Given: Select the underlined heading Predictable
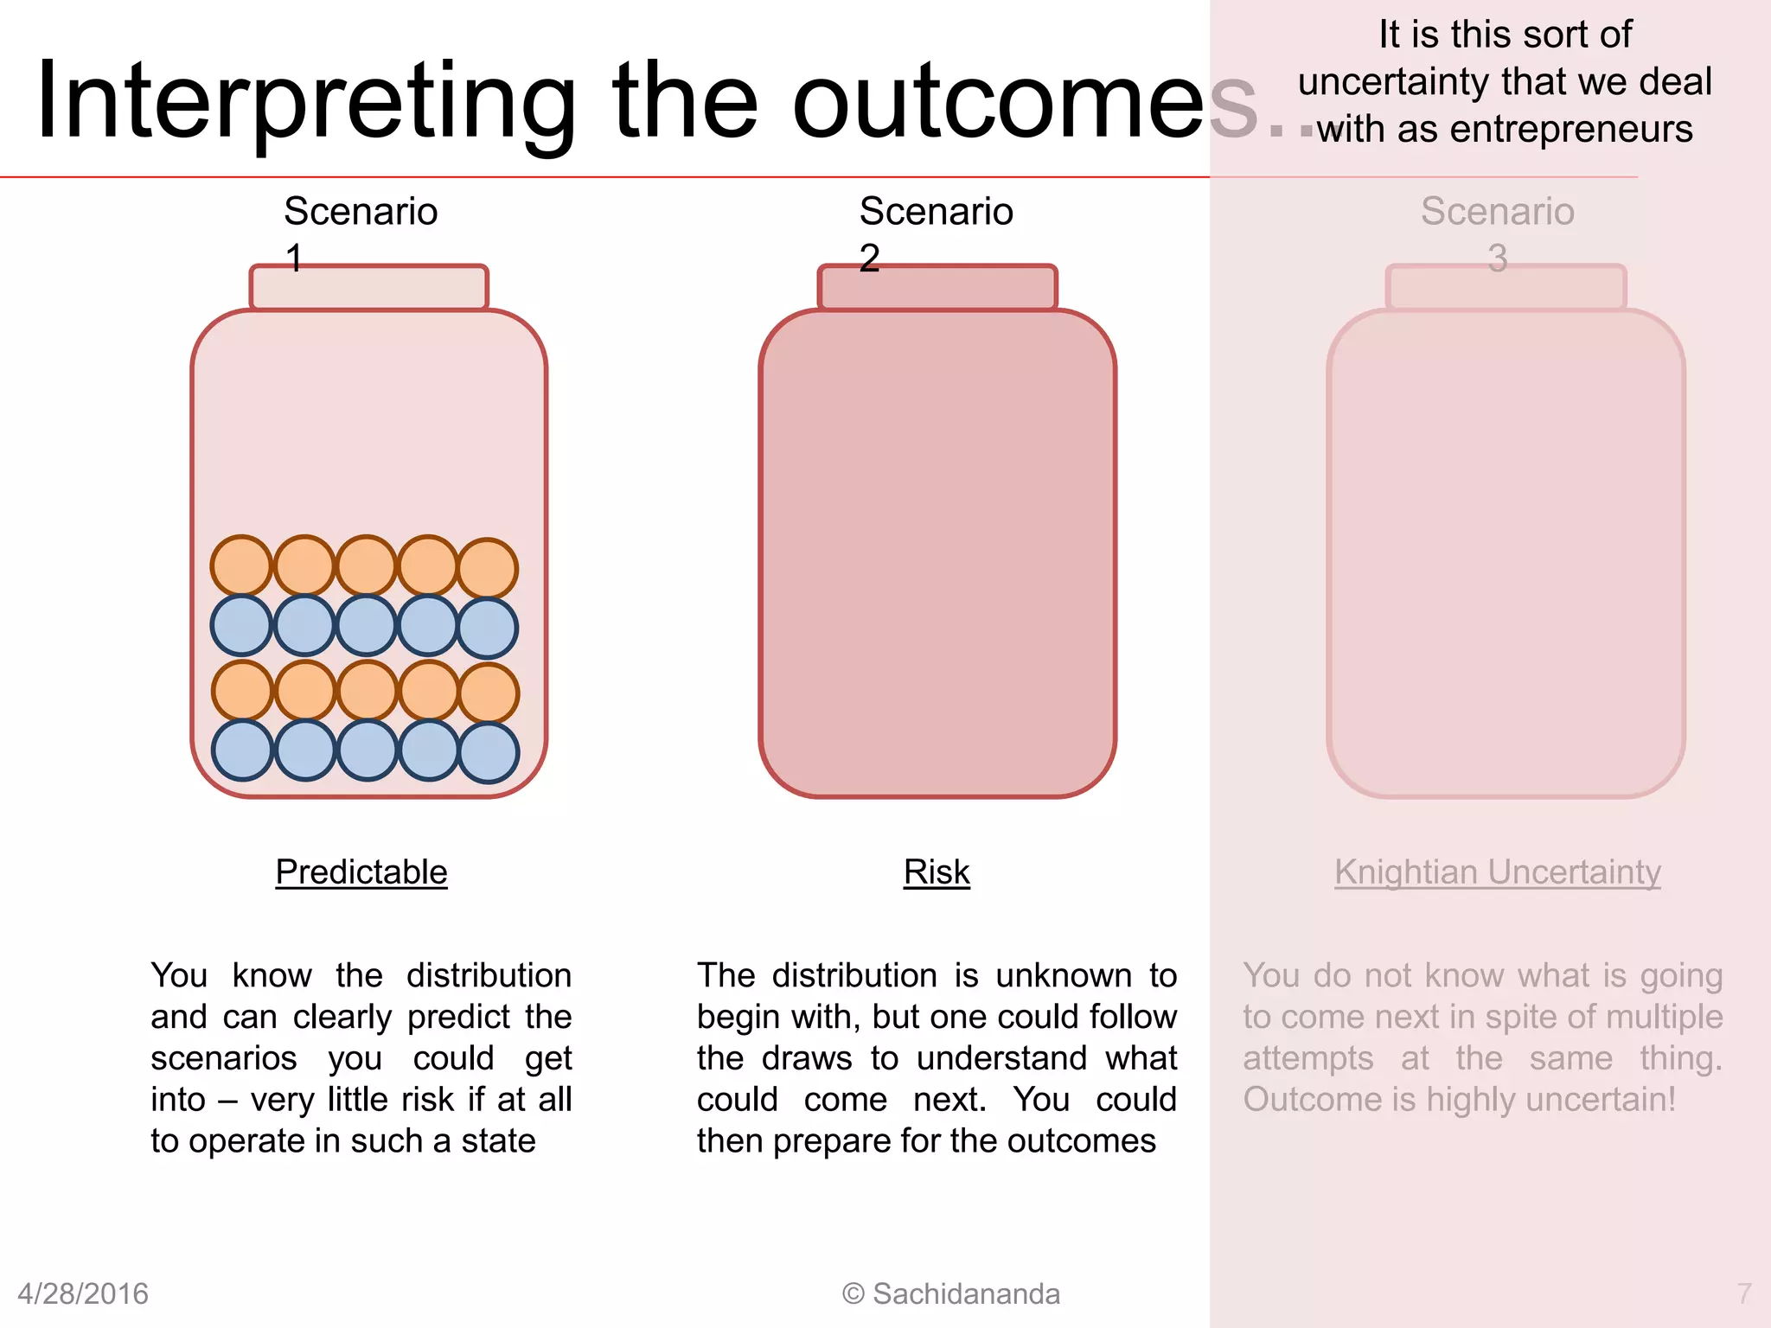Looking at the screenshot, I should (x=361, y=871).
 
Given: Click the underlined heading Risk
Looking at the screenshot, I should (x=937, y=871).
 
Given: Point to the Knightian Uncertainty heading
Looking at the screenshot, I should (x=1497, y=871).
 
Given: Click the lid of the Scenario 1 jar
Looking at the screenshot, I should (x=369, y=288).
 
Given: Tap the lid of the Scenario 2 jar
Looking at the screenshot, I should (x=937, y=288).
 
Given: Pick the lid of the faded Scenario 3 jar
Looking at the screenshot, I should (x=1506, y=288).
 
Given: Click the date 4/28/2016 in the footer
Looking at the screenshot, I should (x=83, y=1293).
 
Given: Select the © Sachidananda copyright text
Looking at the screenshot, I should (x=951, y=1293).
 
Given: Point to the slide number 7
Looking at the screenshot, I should (x=1744, y=1293).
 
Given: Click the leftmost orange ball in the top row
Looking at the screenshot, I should (x=242, y=565).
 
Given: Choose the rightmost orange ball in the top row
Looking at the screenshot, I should (x=488, y=568).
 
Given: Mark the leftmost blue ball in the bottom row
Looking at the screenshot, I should (x=243, y=750).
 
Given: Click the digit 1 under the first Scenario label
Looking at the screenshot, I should (x=294, y=258).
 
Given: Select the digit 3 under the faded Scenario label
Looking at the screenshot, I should (x=1498, y=258).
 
